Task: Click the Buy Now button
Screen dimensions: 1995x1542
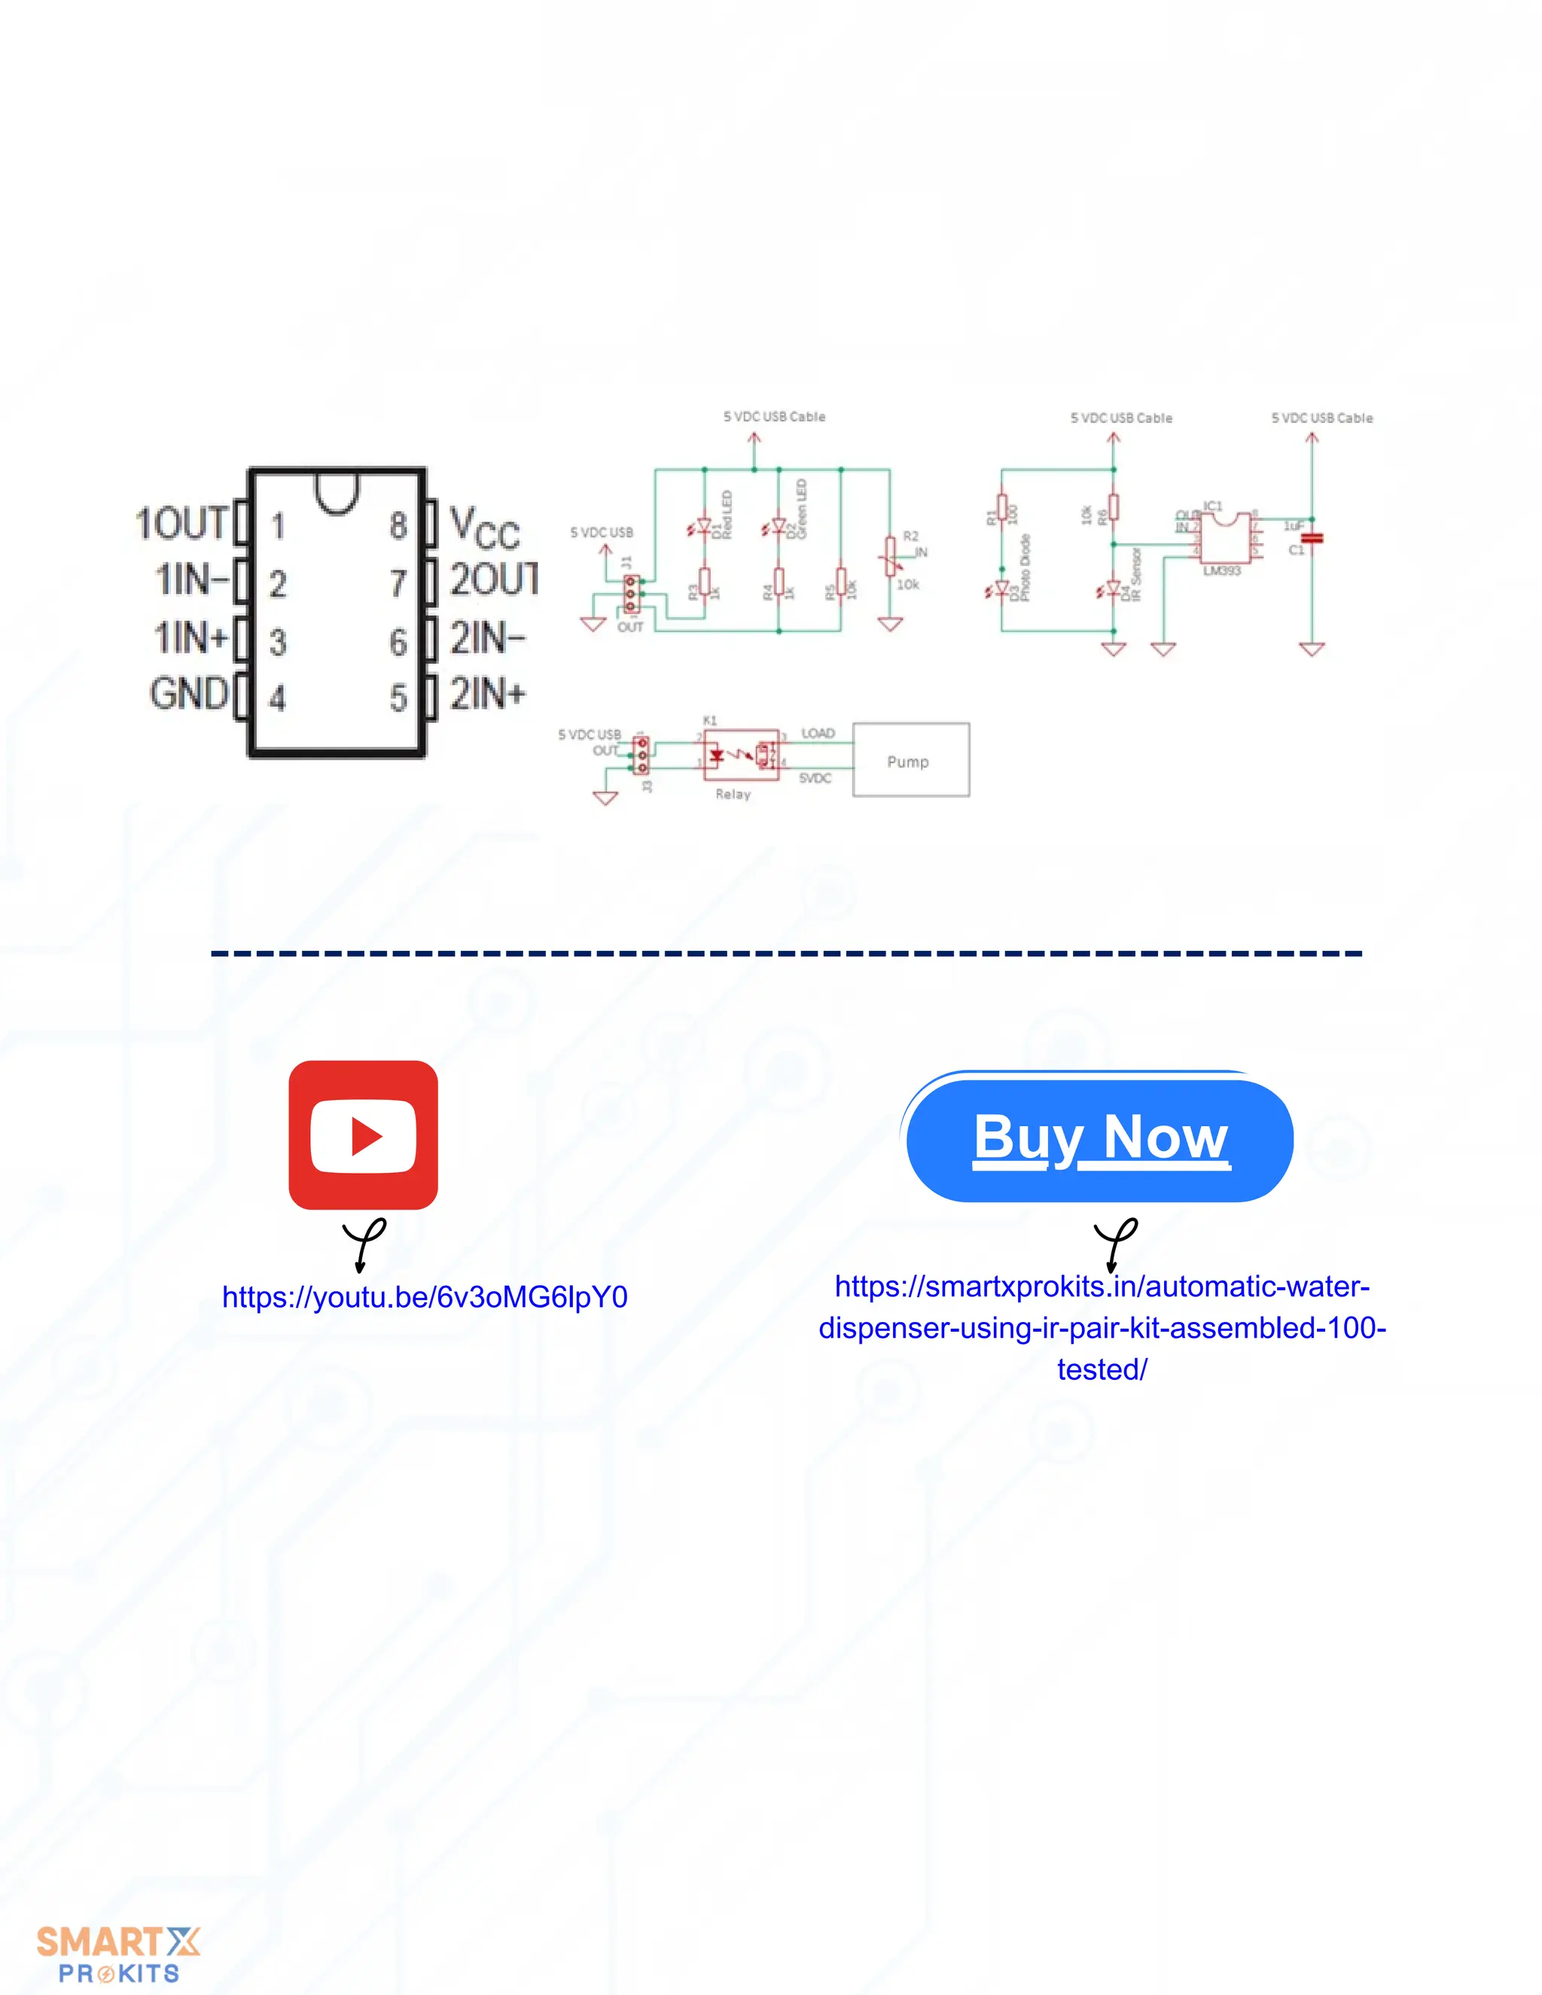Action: [1100, 1139]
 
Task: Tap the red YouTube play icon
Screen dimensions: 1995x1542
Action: [363, 1135]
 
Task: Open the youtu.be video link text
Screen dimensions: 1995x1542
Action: [425, 1297]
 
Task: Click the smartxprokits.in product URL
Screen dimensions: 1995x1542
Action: [1102, 1327]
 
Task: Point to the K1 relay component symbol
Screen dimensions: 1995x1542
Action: [741, 754]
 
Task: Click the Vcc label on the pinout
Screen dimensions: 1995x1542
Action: [485, 528]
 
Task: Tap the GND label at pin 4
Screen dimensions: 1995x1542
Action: [189, 693]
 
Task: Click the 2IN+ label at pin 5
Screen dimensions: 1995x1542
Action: [488, 694]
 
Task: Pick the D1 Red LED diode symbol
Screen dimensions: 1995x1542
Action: [703, 527]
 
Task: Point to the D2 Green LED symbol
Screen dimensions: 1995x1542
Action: [779, 527]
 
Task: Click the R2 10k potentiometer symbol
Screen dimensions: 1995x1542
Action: [890, 556]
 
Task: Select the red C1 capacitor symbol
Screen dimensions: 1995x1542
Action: [1312, 539]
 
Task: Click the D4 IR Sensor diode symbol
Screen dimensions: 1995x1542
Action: [1113, 589]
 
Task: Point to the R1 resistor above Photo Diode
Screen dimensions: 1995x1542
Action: [1002, 507]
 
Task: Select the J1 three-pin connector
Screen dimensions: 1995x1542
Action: [631, 592]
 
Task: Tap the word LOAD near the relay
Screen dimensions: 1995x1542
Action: [818, 733]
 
